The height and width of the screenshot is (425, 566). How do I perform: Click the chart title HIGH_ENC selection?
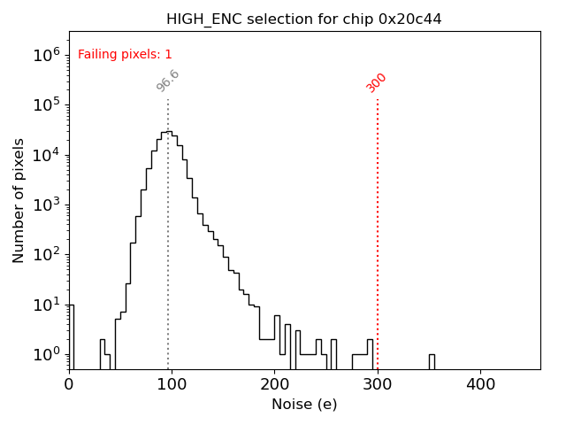pyautogui.click(x=303, y=19)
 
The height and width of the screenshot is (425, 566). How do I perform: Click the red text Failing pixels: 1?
pyautogui.click(x=125, y=55)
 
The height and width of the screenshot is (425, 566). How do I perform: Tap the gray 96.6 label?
pyautogui.click(x=168, y=81)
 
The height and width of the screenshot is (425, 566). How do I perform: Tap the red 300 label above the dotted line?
pyautogui.click(x=377, y=82)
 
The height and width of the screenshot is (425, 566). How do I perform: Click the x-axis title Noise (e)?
pyautogui.click(x=303, y=405)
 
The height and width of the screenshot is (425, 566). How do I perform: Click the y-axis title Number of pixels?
pyautogui.click(x=19, y=200)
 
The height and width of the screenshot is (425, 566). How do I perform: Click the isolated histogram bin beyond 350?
pyautogui.click(x=432, y=361)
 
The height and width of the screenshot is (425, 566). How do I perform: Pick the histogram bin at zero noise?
pyautogui.click(x=71, y=336)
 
